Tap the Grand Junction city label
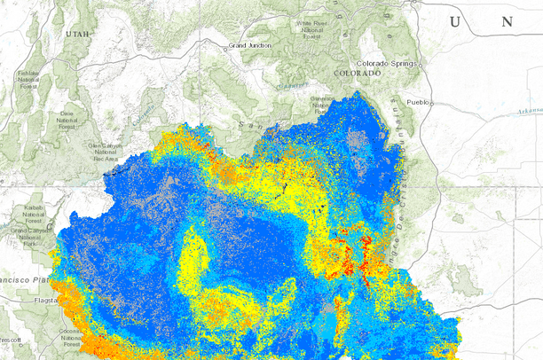(249, 44)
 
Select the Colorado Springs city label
(386, 64)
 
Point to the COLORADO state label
(357, 74)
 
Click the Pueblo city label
(417, 102)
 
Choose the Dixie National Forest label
(65, 120)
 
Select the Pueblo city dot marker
(433, 103)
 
